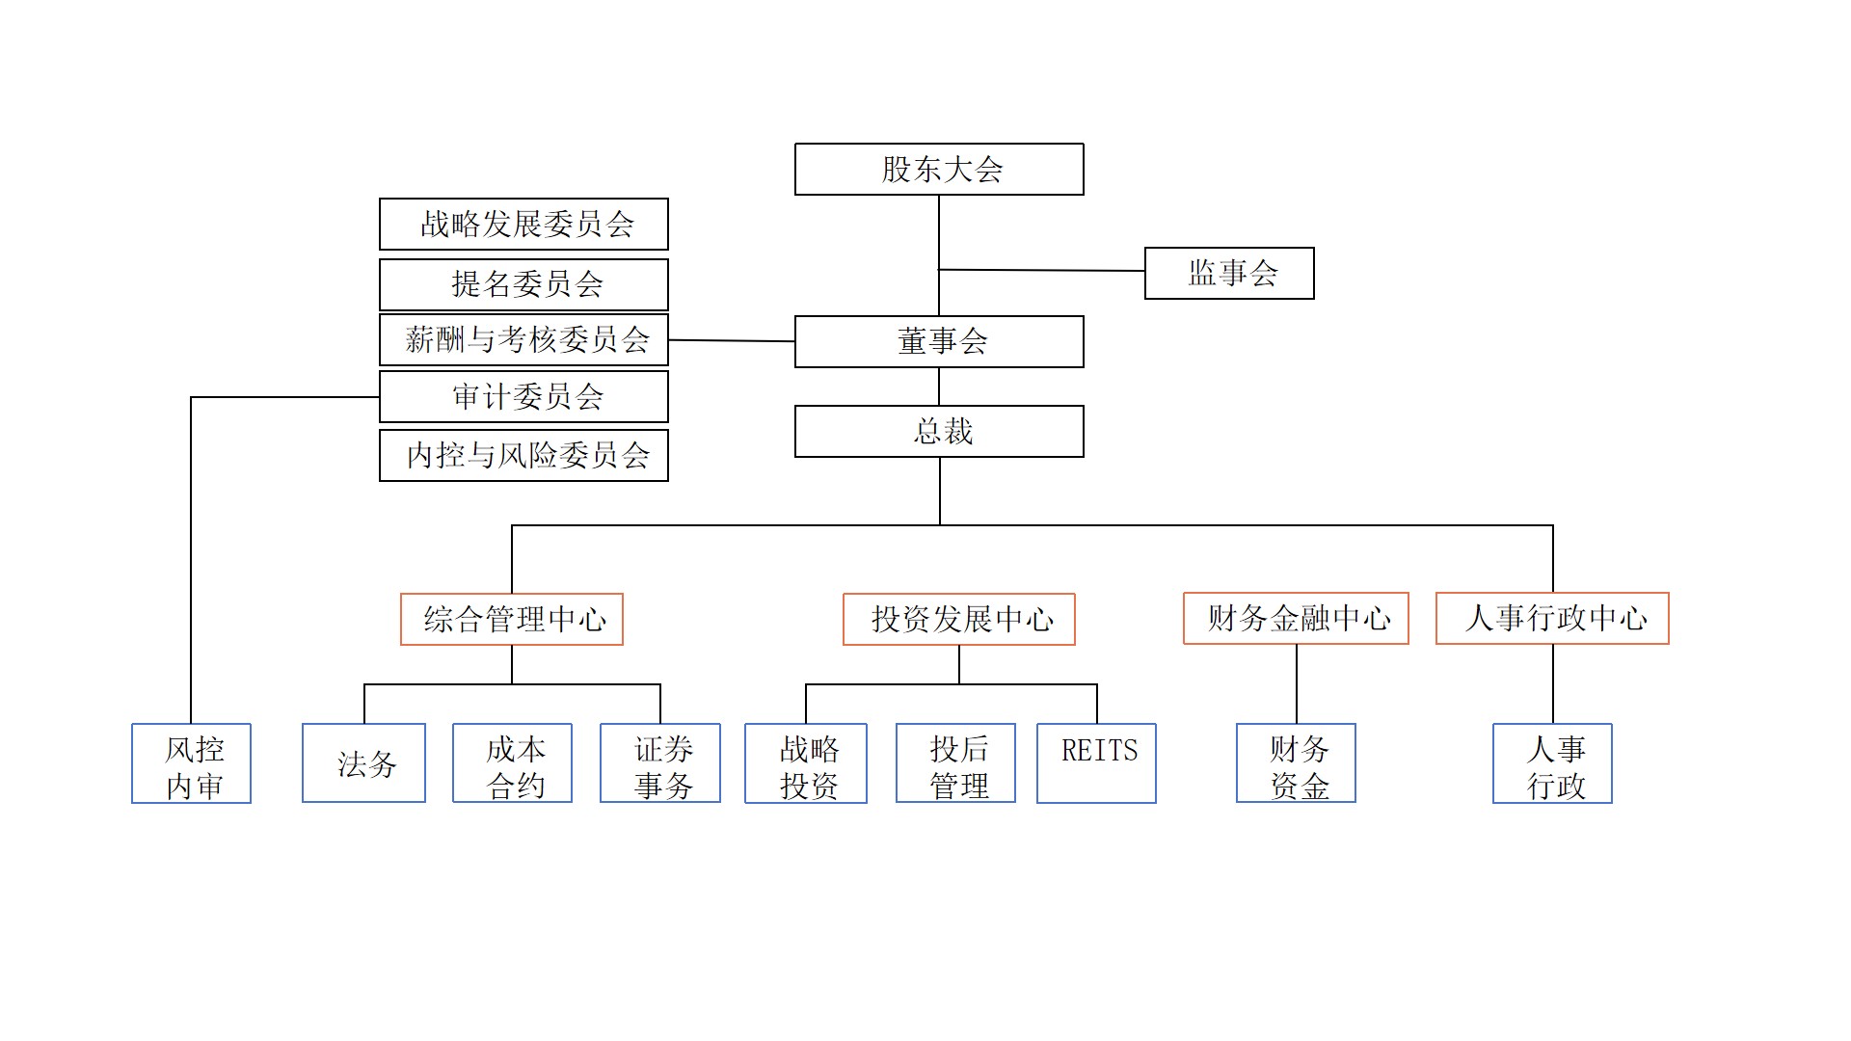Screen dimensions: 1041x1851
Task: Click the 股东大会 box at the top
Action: (x=939, y=170)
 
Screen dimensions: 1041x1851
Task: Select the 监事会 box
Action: (x=1229, y=274)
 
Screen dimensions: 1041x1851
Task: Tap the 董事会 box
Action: (x=939, y=342)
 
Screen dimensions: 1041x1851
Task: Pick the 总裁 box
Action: (x=939, y=432)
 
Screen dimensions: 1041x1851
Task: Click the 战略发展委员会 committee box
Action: (x=523, y=225)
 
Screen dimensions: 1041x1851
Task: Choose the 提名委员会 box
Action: (x=523, y=284)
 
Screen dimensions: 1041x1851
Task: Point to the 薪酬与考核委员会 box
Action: (x=523, y=339)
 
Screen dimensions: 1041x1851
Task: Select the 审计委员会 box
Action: (x=523, y=397)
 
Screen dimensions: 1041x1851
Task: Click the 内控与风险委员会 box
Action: (x=523, y=455)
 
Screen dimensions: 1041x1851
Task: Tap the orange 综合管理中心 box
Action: (x=512, y=619)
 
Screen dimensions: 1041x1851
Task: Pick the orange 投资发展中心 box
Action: (x=959, y=619)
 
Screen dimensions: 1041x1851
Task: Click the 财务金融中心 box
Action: (x=1296, y=618)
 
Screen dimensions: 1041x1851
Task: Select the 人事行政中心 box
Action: (x=1552, y=618)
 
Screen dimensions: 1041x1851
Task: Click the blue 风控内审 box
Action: (x=192, y=763)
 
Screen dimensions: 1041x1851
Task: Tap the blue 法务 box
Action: (x=363, y=763)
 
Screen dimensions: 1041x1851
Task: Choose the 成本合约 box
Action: (x=512, y=763)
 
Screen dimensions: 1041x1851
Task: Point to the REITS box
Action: (x=1096, y=763)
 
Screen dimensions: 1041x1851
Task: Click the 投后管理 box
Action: (x=955, y=763)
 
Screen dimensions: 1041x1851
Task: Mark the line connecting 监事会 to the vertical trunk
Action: (x=1041, y=270)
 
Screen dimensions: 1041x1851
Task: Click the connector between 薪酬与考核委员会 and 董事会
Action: (x=732, y=340)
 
